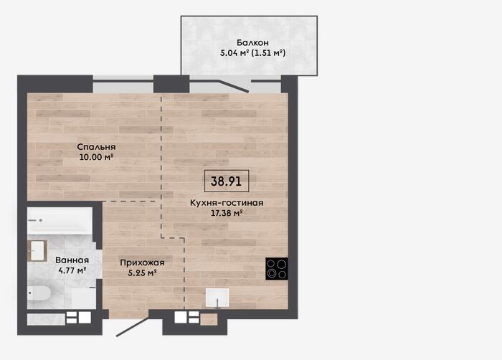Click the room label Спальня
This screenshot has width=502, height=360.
click(96, 147)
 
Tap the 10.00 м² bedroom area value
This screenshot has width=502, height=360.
click(97, 157)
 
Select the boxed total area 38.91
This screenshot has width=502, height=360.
click(227, 181)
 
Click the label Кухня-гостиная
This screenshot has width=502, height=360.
click(227, 203)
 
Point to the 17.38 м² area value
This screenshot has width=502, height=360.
click(227, 213)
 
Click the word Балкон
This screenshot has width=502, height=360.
click(252, 42)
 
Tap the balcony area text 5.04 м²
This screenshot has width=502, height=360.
click(235, 53)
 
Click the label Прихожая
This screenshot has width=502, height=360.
click(142, 262)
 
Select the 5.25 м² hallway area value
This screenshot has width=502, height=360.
click(142, 273)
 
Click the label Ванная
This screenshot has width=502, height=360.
click(72, 260)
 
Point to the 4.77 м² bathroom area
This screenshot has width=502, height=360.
click(72, 270)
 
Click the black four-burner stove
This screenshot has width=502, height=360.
click(277, 269)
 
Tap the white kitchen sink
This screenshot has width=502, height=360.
click(217, 298)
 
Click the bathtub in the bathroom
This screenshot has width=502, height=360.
click(60, 221)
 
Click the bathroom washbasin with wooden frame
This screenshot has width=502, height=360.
click(37, 251)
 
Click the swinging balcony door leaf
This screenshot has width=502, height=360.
click(233, 86)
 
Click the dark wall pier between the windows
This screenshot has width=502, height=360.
click(171, 84)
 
